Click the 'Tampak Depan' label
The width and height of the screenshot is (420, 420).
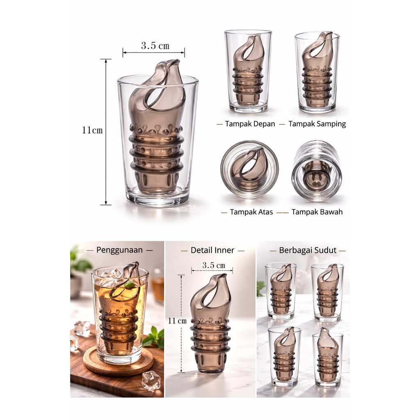(x=250, y=124)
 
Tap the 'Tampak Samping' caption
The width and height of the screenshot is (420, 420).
(x=317, y=124)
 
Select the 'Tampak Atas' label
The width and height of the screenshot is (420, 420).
(x=251, y=212)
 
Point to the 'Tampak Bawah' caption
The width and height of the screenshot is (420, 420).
(x=317, y=212)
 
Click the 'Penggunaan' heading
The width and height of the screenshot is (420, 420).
(x=119, y=250)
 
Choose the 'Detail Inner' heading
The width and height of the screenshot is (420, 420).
(x=212, y=250)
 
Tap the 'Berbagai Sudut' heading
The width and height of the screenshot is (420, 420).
(x=308, y=250)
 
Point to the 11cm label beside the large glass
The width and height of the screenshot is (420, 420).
(x=92, y=130)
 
